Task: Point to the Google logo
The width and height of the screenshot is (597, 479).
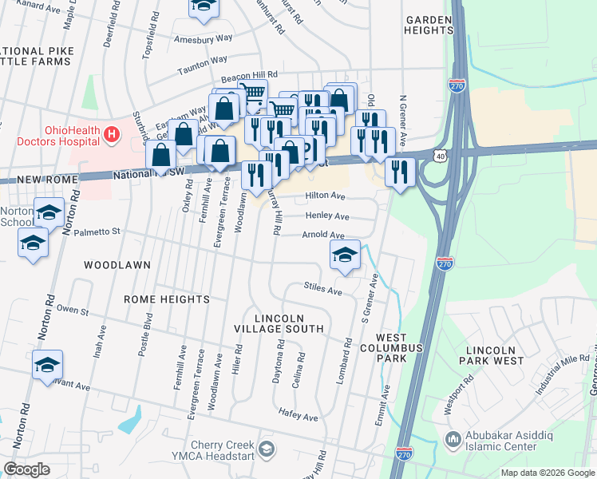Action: pos(27,469)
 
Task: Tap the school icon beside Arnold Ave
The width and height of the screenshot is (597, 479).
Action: pos(345,255)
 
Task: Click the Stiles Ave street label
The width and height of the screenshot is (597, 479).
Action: pos(322,288)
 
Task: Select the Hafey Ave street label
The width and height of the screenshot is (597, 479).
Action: pos(298,418)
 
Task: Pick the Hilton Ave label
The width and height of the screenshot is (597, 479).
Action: pos(325,196)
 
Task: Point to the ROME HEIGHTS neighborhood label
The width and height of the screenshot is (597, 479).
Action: pos(166,299)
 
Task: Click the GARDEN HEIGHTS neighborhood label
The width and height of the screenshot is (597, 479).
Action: pos(429,24)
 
